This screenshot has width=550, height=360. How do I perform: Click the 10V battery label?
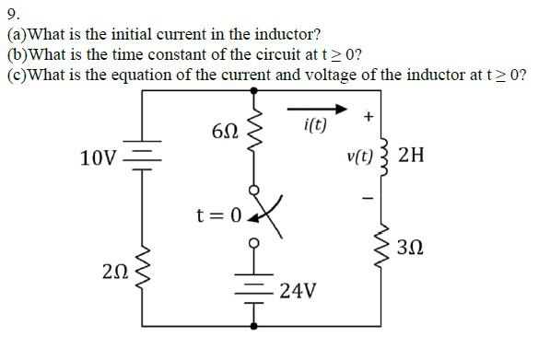[x=99, y=157]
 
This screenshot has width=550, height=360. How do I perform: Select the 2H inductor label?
[x=411, y=155]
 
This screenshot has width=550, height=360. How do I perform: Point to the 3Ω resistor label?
[x=411, y=248]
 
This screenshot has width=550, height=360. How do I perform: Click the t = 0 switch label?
[x=218, y=215]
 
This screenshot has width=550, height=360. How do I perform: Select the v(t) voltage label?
[x=360, y=157]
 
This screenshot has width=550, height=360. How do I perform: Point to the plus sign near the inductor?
[x=369, y=117]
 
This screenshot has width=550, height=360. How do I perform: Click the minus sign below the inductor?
[x=368, y=196]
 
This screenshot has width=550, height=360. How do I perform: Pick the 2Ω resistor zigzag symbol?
[x=144, y=267]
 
